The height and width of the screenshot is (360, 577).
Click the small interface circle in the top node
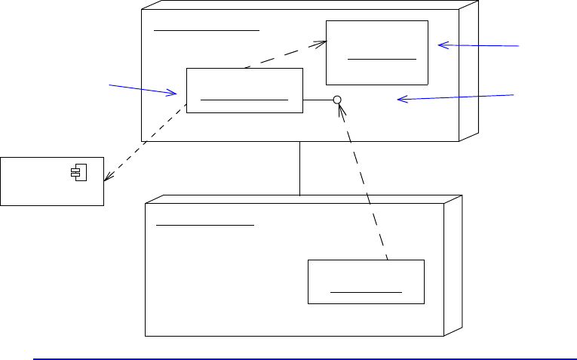[x=338, y=100]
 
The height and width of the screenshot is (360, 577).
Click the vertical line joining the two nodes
[x=300, y=168]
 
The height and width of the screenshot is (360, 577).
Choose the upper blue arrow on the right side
[x=479, y=46]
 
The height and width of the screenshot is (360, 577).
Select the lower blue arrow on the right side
[x=456, y=97]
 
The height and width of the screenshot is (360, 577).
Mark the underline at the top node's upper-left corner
[x=206, y=30]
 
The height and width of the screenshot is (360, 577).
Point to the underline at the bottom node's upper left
[x=204, y=225]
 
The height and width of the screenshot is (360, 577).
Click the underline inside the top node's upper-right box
[x=382, y=57]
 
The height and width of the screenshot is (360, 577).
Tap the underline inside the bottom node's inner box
[x=366, y=291]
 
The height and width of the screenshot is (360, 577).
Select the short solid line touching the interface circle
[x=318, y=100]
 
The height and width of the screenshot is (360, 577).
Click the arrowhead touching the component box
[x=107, y=178]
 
